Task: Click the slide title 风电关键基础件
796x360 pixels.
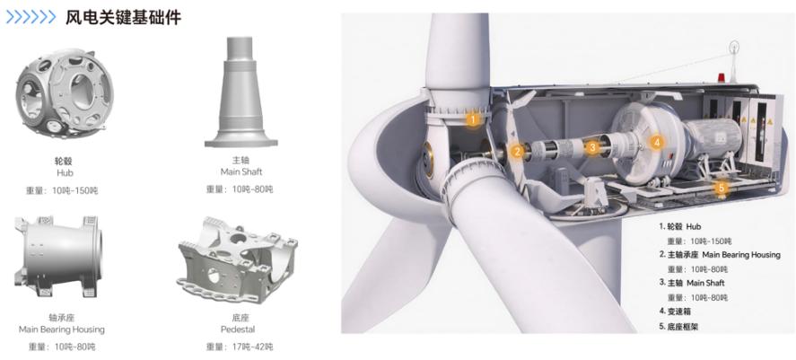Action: click(x=123, y=18)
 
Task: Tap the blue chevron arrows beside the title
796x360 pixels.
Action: click(x=31, y=18)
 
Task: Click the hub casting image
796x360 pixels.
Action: click(x=64, y=93)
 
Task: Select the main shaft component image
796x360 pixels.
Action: click(x=241, y=92)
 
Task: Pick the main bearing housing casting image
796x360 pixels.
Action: click(x=57, y=257)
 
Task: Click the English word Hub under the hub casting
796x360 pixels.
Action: click(x=65, y=173)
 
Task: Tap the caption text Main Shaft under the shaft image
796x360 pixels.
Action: click(x=241, y=171)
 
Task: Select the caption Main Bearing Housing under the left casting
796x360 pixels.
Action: click(x=61, y=329)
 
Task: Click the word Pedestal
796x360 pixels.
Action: click(x=238, y=329)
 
